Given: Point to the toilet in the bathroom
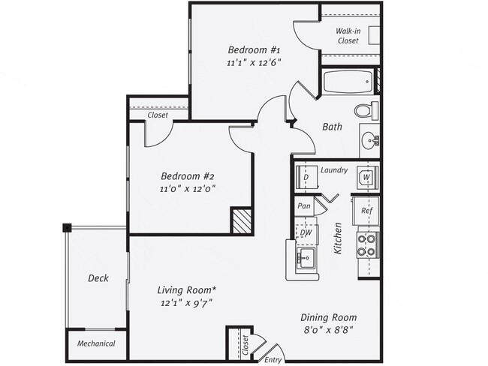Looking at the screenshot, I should tap(366, 110).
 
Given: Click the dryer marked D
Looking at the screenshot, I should tap(306, 178).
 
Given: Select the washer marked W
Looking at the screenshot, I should tap(367, 177).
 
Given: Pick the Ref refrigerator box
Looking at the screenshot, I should tap(366, 211).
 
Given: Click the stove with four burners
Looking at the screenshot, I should tap(367, 245).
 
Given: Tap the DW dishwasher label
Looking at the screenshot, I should tap(306, 232).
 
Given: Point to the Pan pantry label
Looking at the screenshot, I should tap(304, 205).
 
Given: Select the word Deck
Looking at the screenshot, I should tap(98, 278).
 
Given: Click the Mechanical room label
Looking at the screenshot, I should tap(97, 344).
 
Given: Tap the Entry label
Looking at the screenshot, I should tap(273, 360).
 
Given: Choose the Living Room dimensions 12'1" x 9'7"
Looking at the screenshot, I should tap(187, 304).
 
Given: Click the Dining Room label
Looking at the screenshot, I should tap(327, 316).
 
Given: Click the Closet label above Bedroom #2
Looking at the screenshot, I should tap(158, 115).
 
